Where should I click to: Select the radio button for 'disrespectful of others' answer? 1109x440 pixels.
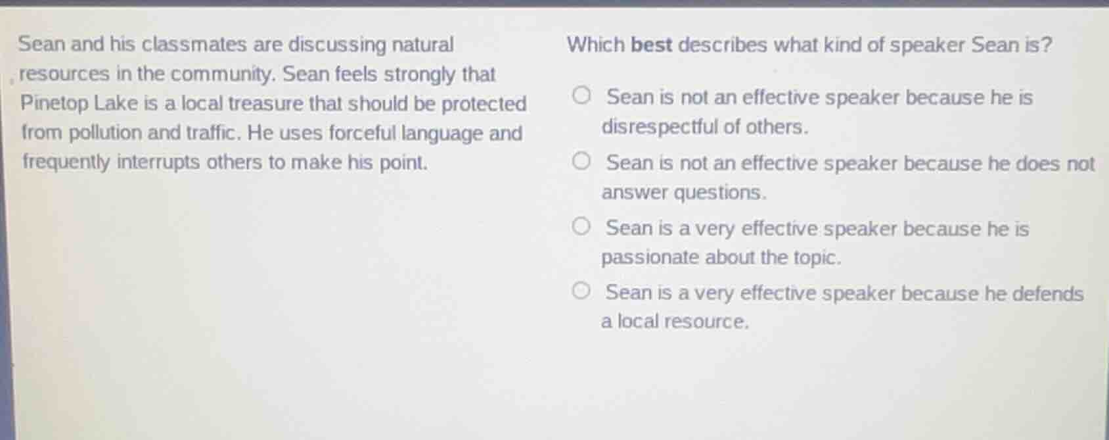click(581, 95)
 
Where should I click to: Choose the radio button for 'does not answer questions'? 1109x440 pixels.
click(581, 161)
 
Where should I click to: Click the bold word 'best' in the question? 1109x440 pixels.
click(652, 45)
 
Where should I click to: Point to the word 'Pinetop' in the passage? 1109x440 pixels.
click(55, 104)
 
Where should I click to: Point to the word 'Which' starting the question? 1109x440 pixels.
click(596, 45)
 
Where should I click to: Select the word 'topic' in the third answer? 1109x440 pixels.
click(817, 258)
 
